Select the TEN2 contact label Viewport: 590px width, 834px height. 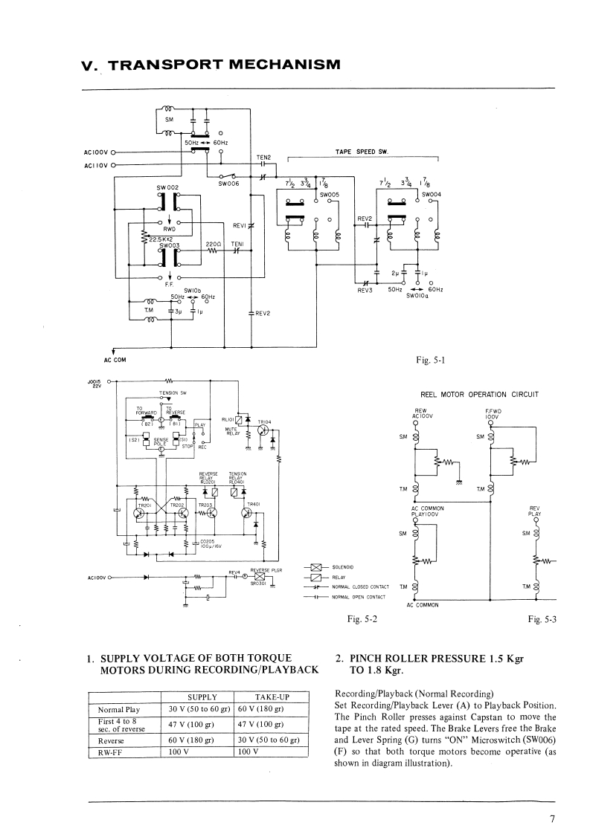[263, 157]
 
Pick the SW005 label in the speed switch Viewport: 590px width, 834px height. [329, 194]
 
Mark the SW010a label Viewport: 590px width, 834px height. [416, 295]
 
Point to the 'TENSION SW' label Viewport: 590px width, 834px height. [172, 392]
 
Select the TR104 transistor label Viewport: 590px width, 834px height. [265, 421]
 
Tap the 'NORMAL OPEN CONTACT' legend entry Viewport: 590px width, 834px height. [360, 597]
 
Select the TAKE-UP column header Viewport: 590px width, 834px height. [266, 697]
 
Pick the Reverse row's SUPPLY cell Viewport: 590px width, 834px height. [197, 740]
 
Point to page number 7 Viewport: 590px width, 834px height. [552, 819]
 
